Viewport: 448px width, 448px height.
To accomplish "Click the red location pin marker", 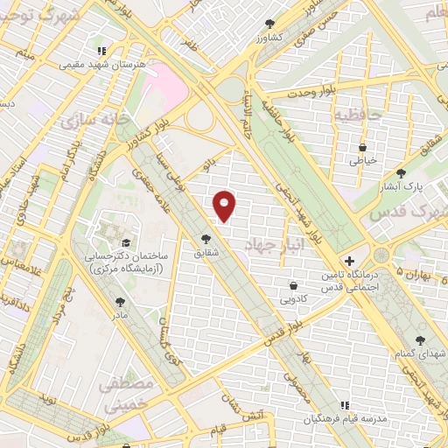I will coord(225,206).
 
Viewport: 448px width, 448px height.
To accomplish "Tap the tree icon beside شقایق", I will coord(206,238).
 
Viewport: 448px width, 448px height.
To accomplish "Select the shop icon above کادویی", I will coord(292,285).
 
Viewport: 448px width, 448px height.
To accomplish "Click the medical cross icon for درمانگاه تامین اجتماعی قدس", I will coord(349,261).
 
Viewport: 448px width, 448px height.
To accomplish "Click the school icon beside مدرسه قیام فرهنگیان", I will coord(346,405).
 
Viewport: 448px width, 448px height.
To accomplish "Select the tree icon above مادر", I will coord(120,302).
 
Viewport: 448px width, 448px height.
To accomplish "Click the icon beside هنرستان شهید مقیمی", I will coord(102,51).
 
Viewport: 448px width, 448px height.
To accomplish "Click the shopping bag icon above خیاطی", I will coord(362,148).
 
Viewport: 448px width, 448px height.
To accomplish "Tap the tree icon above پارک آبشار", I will coord(401,173).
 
